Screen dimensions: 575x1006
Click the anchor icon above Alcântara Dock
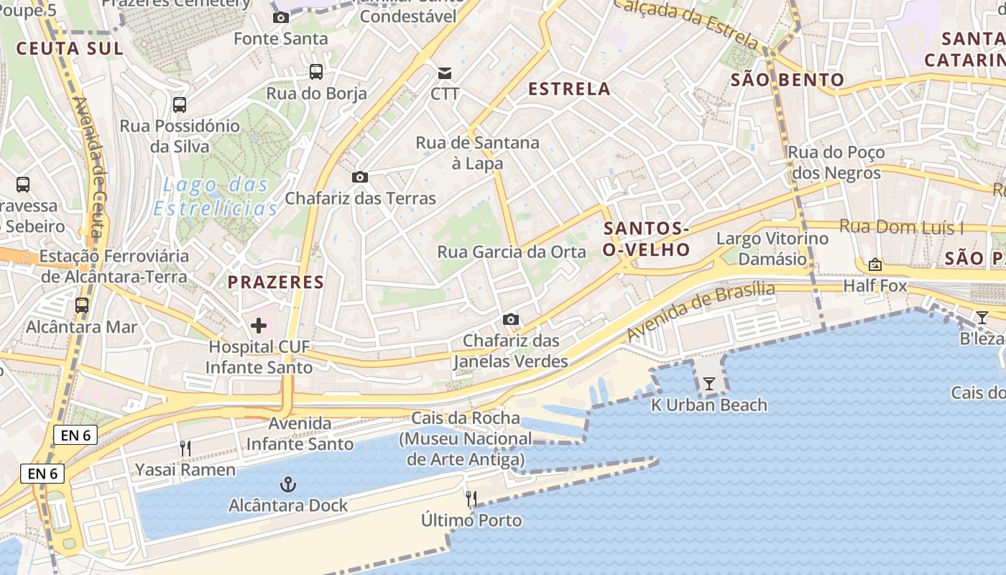[287, 484]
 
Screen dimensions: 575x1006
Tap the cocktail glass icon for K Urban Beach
[709, 384]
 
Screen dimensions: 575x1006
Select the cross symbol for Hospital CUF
[259, 326]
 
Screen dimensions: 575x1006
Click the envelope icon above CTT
[445, 73]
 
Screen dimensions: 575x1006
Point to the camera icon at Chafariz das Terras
[360, 177]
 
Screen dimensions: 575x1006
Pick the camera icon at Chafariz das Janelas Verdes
[511, 319]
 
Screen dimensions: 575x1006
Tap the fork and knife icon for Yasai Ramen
[185, 448]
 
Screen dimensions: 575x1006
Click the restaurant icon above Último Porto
[471, 498]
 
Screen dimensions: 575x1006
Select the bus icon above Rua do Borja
[316, 72]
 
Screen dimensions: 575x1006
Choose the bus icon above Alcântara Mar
[82, 305]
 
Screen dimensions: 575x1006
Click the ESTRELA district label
[569, 89]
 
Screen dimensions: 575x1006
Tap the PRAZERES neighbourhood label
[276, 282]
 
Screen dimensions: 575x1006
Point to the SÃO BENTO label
[787, 80]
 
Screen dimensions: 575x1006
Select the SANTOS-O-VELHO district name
[647, 239]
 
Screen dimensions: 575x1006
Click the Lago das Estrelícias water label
[216, 196]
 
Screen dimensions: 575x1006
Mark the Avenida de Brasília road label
[701, 311]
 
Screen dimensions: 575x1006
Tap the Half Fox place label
[875, 286]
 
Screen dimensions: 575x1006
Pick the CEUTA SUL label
[70, 49]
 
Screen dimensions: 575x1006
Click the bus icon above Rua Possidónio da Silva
[180, 105]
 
